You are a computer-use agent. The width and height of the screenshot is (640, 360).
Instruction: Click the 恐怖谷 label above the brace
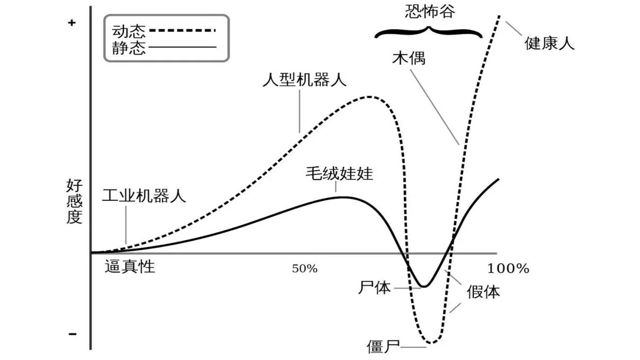[x=430, y=12]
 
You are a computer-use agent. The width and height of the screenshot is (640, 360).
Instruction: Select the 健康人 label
[x=549, y=43]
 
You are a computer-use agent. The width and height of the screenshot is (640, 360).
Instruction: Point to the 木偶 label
[x=409, y=58]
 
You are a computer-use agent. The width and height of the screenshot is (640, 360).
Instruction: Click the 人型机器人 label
[x=304, y=80]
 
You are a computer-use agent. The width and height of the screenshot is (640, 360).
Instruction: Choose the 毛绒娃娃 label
[x=339, y=174]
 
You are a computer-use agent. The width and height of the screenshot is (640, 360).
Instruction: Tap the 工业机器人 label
[x=144, y=196]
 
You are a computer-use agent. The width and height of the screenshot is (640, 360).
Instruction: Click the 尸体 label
[x=374, y=287]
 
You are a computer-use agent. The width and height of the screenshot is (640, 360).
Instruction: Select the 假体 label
[x=483, y=292]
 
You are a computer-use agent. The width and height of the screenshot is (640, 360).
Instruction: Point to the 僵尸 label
[x=383, y=347]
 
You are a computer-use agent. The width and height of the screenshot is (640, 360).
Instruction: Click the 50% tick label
[x=304, y=269]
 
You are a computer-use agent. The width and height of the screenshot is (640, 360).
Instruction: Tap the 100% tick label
[x=508, y=268]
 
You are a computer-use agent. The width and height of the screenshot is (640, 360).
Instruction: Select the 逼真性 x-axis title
[x=130, y=267]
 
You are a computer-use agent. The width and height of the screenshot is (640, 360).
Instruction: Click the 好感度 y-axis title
[x=74, y=201]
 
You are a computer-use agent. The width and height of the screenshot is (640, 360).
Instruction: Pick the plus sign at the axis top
[x=72, y=23]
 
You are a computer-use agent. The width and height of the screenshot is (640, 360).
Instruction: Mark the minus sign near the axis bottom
[x=72, y=334]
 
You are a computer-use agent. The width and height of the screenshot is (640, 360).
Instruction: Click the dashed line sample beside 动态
[x=182, y=30]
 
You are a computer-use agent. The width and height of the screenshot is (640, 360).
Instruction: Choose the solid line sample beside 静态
[x=182, y=47]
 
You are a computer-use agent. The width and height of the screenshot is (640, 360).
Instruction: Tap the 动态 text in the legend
[x=129, y=31]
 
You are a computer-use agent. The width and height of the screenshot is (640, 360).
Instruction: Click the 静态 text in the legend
[x=129, y=48]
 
